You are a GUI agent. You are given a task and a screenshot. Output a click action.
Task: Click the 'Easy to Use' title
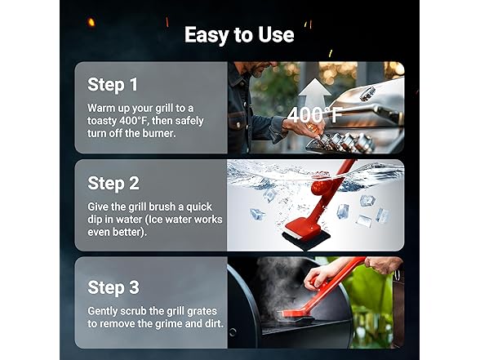239,34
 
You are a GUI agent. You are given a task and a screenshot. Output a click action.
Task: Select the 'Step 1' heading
113,85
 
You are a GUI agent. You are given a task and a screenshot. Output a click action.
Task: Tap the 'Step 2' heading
113,184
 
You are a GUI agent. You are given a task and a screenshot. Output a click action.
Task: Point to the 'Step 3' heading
113,287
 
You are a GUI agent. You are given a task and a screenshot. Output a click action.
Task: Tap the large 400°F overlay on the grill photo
314,115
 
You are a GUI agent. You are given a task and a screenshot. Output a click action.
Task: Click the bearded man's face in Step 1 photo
260,69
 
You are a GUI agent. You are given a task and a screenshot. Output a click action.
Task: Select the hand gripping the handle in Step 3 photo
322,274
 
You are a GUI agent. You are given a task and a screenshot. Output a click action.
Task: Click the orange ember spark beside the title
91,22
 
